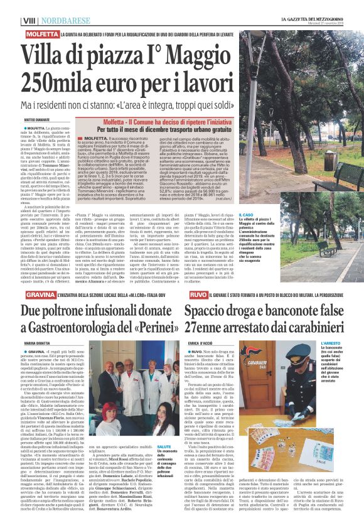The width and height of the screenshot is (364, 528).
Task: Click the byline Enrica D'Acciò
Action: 200,342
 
